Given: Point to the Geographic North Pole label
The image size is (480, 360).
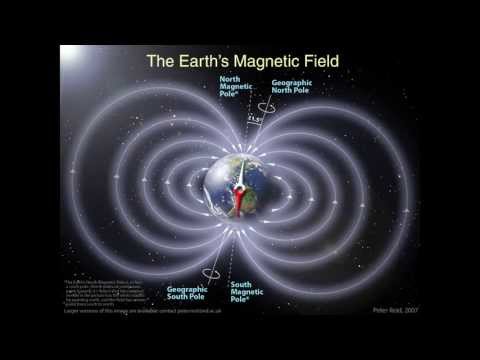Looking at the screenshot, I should coord(293,87).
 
